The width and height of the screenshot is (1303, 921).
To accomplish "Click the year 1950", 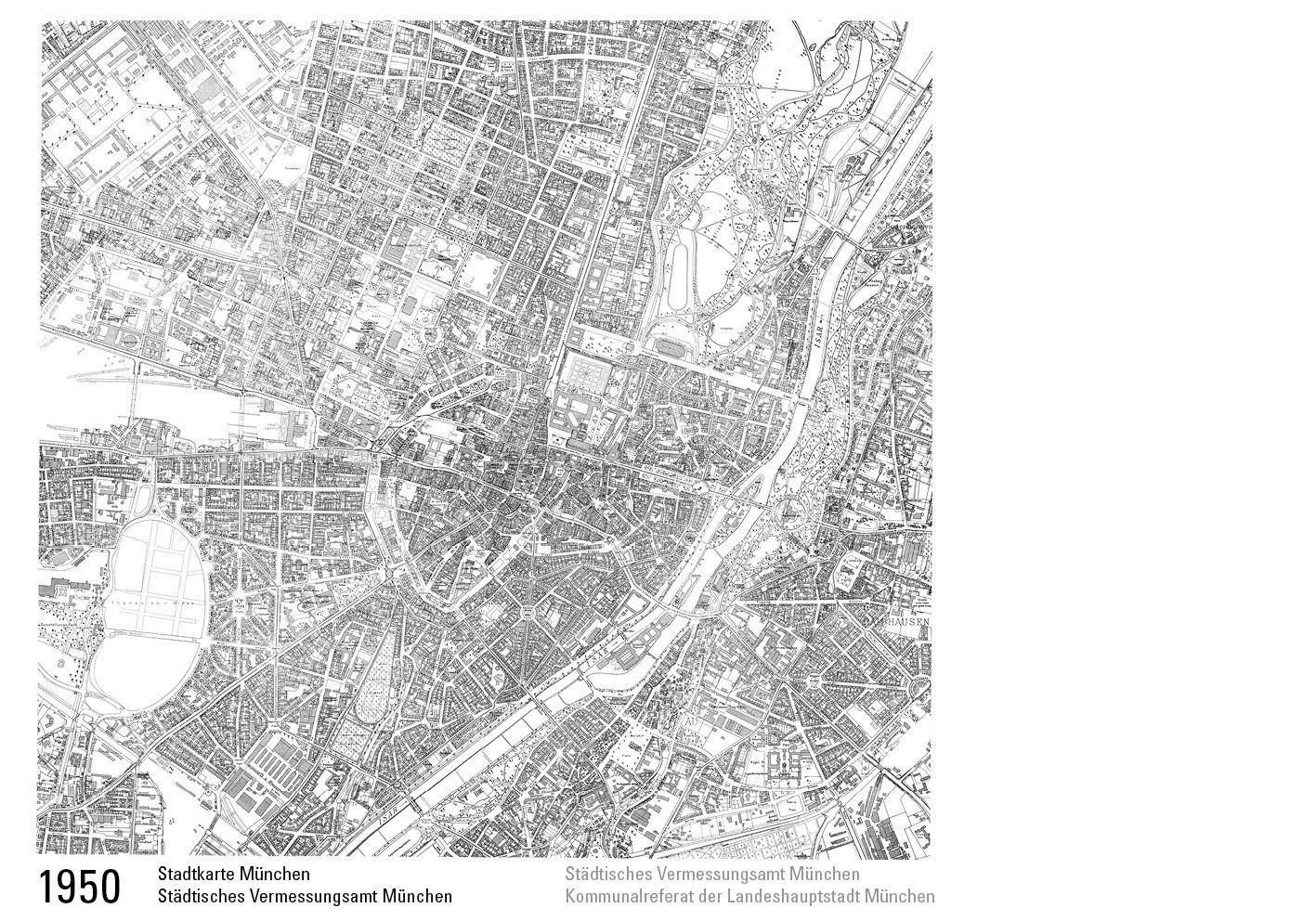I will (x=80, y=887).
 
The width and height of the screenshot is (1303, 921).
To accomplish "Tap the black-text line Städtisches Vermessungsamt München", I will (x=305, y=897).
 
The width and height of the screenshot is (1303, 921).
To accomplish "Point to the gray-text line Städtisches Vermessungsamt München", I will (x=711, y=875).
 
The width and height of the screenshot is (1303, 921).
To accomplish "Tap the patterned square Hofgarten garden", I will (x=583, y=375).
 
